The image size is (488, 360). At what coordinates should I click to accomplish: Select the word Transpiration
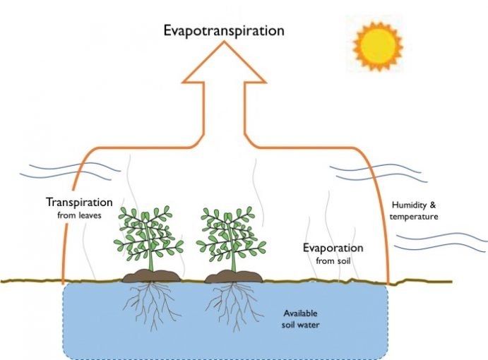click(x=78, y=202)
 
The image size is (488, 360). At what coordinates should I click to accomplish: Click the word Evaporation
click(x=333, y=248)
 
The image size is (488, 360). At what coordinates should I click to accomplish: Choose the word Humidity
click(x=409, y=205)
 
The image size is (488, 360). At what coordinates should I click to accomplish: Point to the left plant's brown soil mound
click(x=148, y=275)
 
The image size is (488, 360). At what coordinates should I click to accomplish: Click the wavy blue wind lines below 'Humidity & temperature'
click(x=439, y=240)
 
